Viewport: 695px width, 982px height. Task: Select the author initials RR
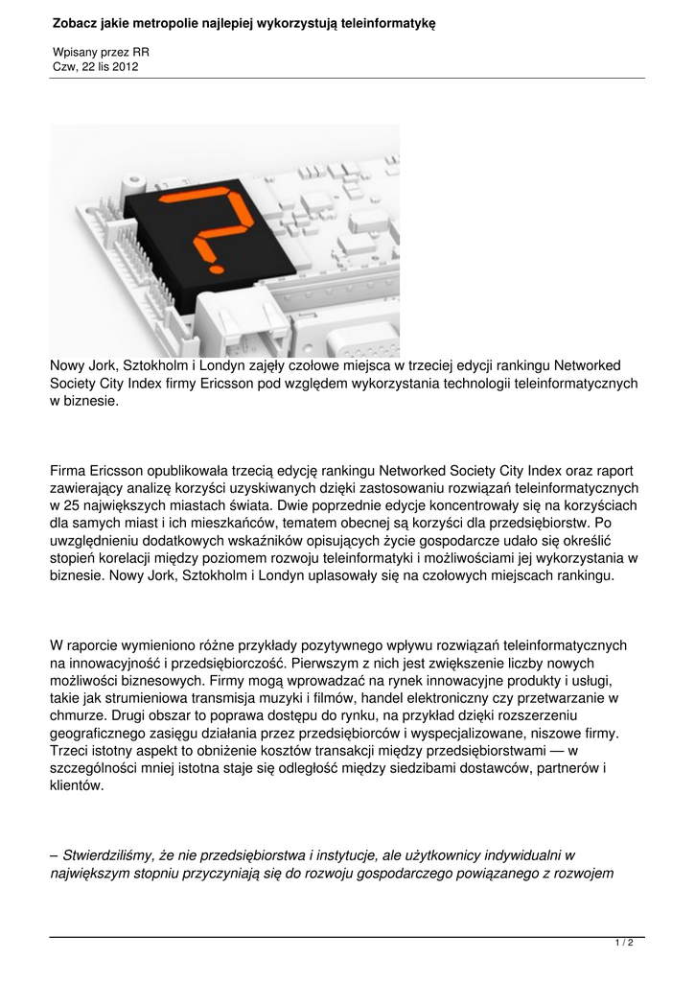[x=141, y=52]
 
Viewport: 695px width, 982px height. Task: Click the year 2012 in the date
[x=135, y=66]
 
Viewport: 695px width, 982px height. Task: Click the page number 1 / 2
[x=624, y=944]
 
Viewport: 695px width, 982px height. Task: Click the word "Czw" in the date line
[x=64, y=66]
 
